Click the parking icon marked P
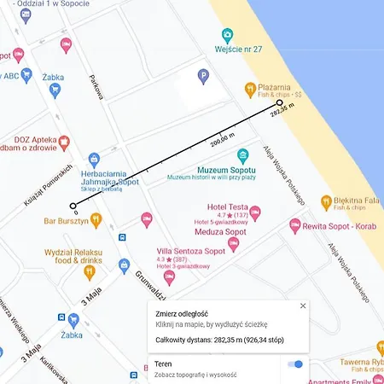pyautogui.click(x=203, y=77)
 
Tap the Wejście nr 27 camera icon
pyautogui.click(x=227, y=35)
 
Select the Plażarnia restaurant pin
pyautogui.click(x=250, y=88)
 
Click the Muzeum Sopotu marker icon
pyautogui.click(x=242, y=155)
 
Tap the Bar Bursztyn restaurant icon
pyautogui.click(x=96, y=221)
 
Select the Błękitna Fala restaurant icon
pyautogui.click(x=326, y=202)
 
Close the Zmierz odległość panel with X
pyautogui.click(x=302, y=305)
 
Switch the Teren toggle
pyautogui.click(x=295, y=364)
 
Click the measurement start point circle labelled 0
pyautogui.click(x=73, y=206)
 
